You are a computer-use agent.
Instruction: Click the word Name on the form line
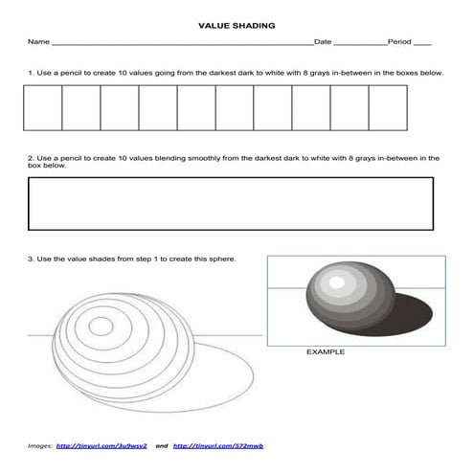click(x=37, y=43)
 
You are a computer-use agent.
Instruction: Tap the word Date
click(x=323, y=43)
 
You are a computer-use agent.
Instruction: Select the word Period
click(x=399, y=43)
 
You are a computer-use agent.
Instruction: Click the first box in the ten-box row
click(x=42, y=107)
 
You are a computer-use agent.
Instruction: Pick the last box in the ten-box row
click(x=388, y=107)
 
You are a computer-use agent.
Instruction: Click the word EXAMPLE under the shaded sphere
click(x=325, y=352)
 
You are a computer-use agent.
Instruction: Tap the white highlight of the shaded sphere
click(x=333, y=282)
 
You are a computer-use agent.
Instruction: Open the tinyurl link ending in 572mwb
click(x=211, y=446)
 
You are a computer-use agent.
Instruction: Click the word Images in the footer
click(x=39, y=446)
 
